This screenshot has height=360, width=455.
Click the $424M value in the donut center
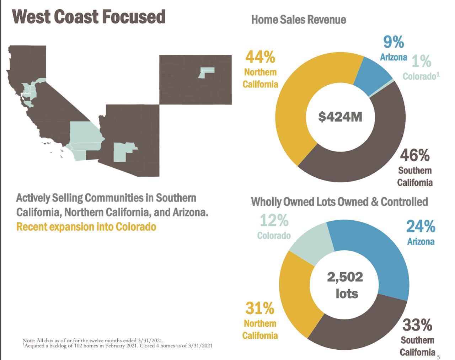[340, 117]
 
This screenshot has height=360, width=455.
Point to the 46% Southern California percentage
[414, 155]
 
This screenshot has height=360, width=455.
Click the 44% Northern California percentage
[260, 57]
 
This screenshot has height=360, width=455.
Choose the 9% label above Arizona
[394, 42]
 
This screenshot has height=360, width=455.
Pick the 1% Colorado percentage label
[422, 61]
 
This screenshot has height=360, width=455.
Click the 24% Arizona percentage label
[421, 226]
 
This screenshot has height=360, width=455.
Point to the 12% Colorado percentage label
[274, 220]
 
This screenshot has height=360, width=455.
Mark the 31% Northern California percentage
[260, 308]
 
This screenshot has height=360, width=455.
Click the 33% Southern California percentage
[417, 325]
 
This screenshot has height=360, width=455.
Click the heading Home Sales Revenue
[299, 20]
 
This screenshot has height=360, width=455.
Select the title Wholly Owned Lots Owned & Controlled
[339, 202]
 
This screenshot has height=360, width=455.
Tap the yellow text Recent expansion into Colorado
[86, 227]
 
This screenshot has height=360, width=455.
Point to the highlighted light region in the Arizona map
[121, 152]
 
